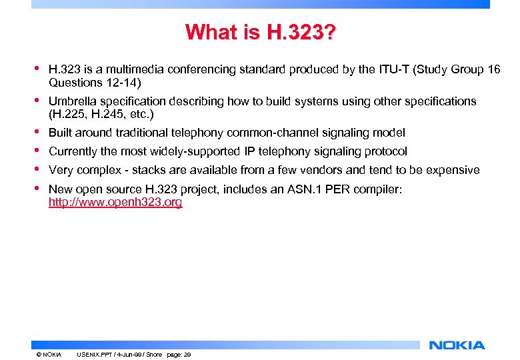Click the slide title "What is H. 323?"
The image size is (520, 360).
[x=261, y=32]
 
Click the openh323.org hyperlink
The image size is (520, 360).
[x=115, y=202]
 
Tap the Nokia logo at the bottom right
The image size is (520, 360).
[x=457, y=345]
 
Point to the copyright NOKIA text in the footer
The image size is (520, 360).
[x=49, y=355]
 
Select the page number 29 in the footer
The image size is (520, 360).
[x=187, y=355]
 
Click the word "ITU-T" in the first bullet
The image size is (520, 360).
[x=383, y=69]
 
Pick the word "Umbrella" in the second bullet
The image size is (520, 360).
[x=71, y=101]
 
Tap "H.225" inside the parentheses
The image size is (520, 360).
[x=71, y=114]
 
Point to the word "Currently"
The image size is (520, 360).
[x=73, y=151]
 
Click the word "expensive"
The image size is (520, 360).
[x=453, y=170]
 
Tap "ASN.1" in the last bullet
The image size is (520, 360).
[x=305, y=190]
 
